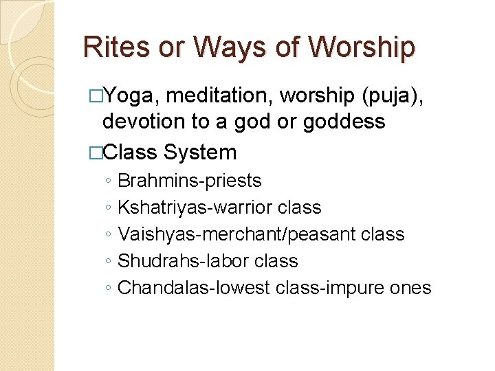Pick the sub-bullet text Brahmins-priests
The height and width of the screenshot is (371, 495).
click(x=190, y=181)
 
